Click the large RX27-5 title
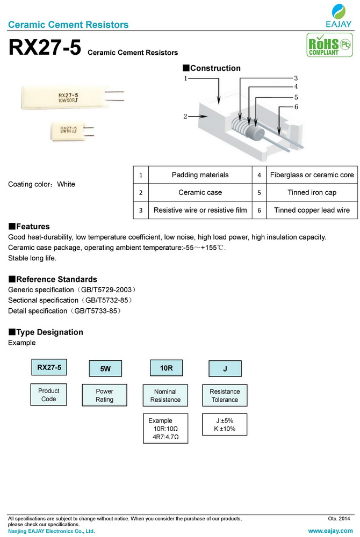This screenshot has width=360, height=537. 45,48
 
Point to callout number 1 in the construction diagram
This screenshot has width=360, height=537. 185,78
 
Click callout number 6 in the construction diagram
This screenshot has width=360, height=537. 296,107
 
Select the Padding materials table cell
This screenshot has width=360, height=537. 200,175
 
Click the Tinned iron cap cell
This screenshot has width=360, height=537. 312,192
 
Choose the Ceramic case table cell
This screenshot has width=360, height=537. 200,192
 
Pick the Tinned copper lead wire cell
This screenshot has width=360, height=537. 312,210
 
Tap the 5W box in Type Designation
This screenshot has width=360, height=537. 105,369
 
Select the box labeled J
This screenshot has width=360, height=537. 225,369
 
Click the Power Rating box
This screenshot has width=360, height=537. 105,396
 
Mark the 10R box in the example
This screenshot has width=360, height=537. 165,368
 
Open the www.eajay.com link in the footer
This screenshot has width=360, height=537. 329,531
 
